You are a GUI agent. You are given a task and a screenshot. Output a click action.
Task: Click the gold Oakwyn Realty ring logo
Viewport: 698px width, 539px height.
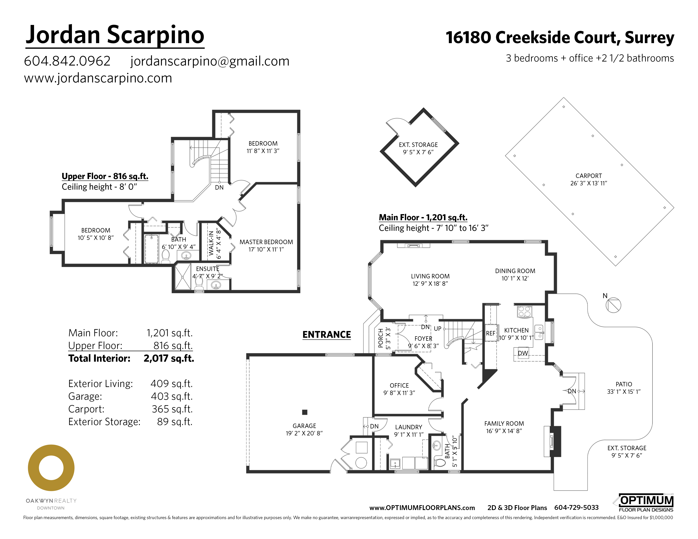[51, 468]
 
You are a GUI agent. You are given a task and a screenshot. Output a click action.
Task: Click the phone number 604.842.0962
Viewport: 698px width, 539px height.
[67, 61]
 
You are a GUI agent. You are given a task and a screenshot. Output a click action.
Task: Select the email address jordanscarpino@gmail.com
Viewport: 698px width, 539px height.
[210, 61]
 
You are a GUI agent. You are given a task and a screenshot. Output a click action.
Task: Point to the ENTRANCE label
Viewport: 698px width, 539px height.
[326, 334]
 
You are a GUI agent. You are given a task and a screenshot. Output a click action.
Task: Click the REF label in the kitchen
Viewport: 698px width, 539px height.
[490, 333]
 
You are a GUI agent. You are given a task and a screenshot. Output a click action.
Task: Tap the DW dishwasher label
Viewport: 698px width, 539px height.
[523, 353]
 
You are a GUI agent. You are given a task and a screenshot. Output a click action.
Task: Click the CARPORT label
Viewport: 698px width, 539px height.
[588, 176]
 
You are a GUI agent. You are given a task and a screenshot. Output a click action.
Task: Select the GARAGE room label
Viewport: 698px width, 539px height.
[304, 426]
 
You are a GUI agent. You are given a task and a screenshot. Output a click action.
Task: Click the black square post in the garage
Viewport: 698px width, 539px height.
[305, 412]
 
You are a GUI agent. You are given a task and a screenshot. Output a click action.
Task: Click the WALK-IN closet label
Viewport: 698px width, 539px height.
[211, 243]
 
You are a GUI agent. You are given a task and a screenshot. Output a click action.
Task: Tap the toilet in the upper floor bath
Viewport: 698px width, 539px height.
[166, 256]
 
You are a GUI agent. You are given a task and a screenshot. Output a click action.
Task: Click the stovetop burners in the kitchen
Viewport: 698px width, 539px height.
[524, 312]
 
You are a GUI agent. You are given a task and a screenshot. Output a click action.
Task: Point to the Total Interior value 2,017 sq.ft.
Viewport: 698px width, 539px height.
[169, 358]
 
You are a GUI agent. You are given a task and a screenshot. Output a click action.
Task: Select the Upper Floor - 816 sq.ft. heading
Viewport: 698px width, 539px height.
[105, 176]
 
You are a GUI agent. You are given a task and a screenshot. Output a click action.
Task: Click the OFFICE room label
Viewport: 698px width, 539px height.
[399, 385]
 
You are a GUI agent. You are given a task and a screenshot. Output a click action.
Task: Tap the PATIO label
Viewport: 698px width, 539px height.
[624, 384]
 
